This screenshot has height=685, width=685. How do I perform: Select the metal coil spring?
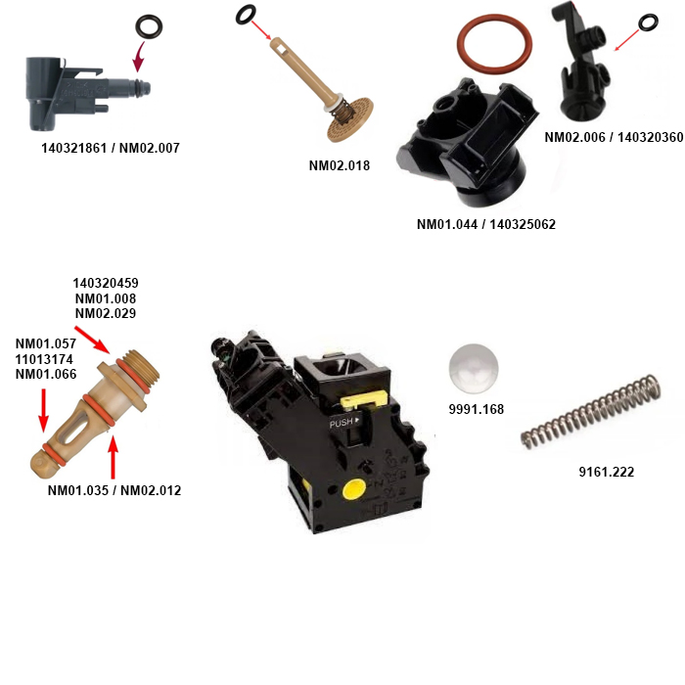[591, 412]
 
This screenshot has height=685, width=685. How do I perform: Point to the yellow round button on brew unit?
[354, 489]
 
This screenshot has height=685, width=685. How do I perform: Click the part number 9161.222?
[607, 472]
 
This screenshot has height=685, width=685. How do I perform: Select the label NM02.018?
[339, 165]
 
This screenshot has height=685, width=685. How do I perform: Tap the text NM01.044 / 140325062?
[485, 224]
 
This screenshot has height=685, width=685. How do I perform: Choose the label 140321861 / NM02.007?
[110, 148]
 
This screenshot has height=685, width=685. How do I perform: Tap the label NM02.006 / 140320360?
[614, 137]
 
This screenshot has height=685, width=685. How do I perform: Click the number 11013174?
[44, 359]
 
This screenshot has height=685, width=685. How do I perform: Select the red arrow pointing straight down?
[43, 410]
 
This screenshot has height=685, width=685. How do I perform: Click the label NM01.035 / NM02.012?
[114, 490]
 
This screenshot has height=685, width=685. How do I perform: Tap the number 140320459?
[106, 283]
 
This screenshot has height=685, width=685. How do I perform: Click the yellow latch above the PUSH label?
[363, 399]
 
